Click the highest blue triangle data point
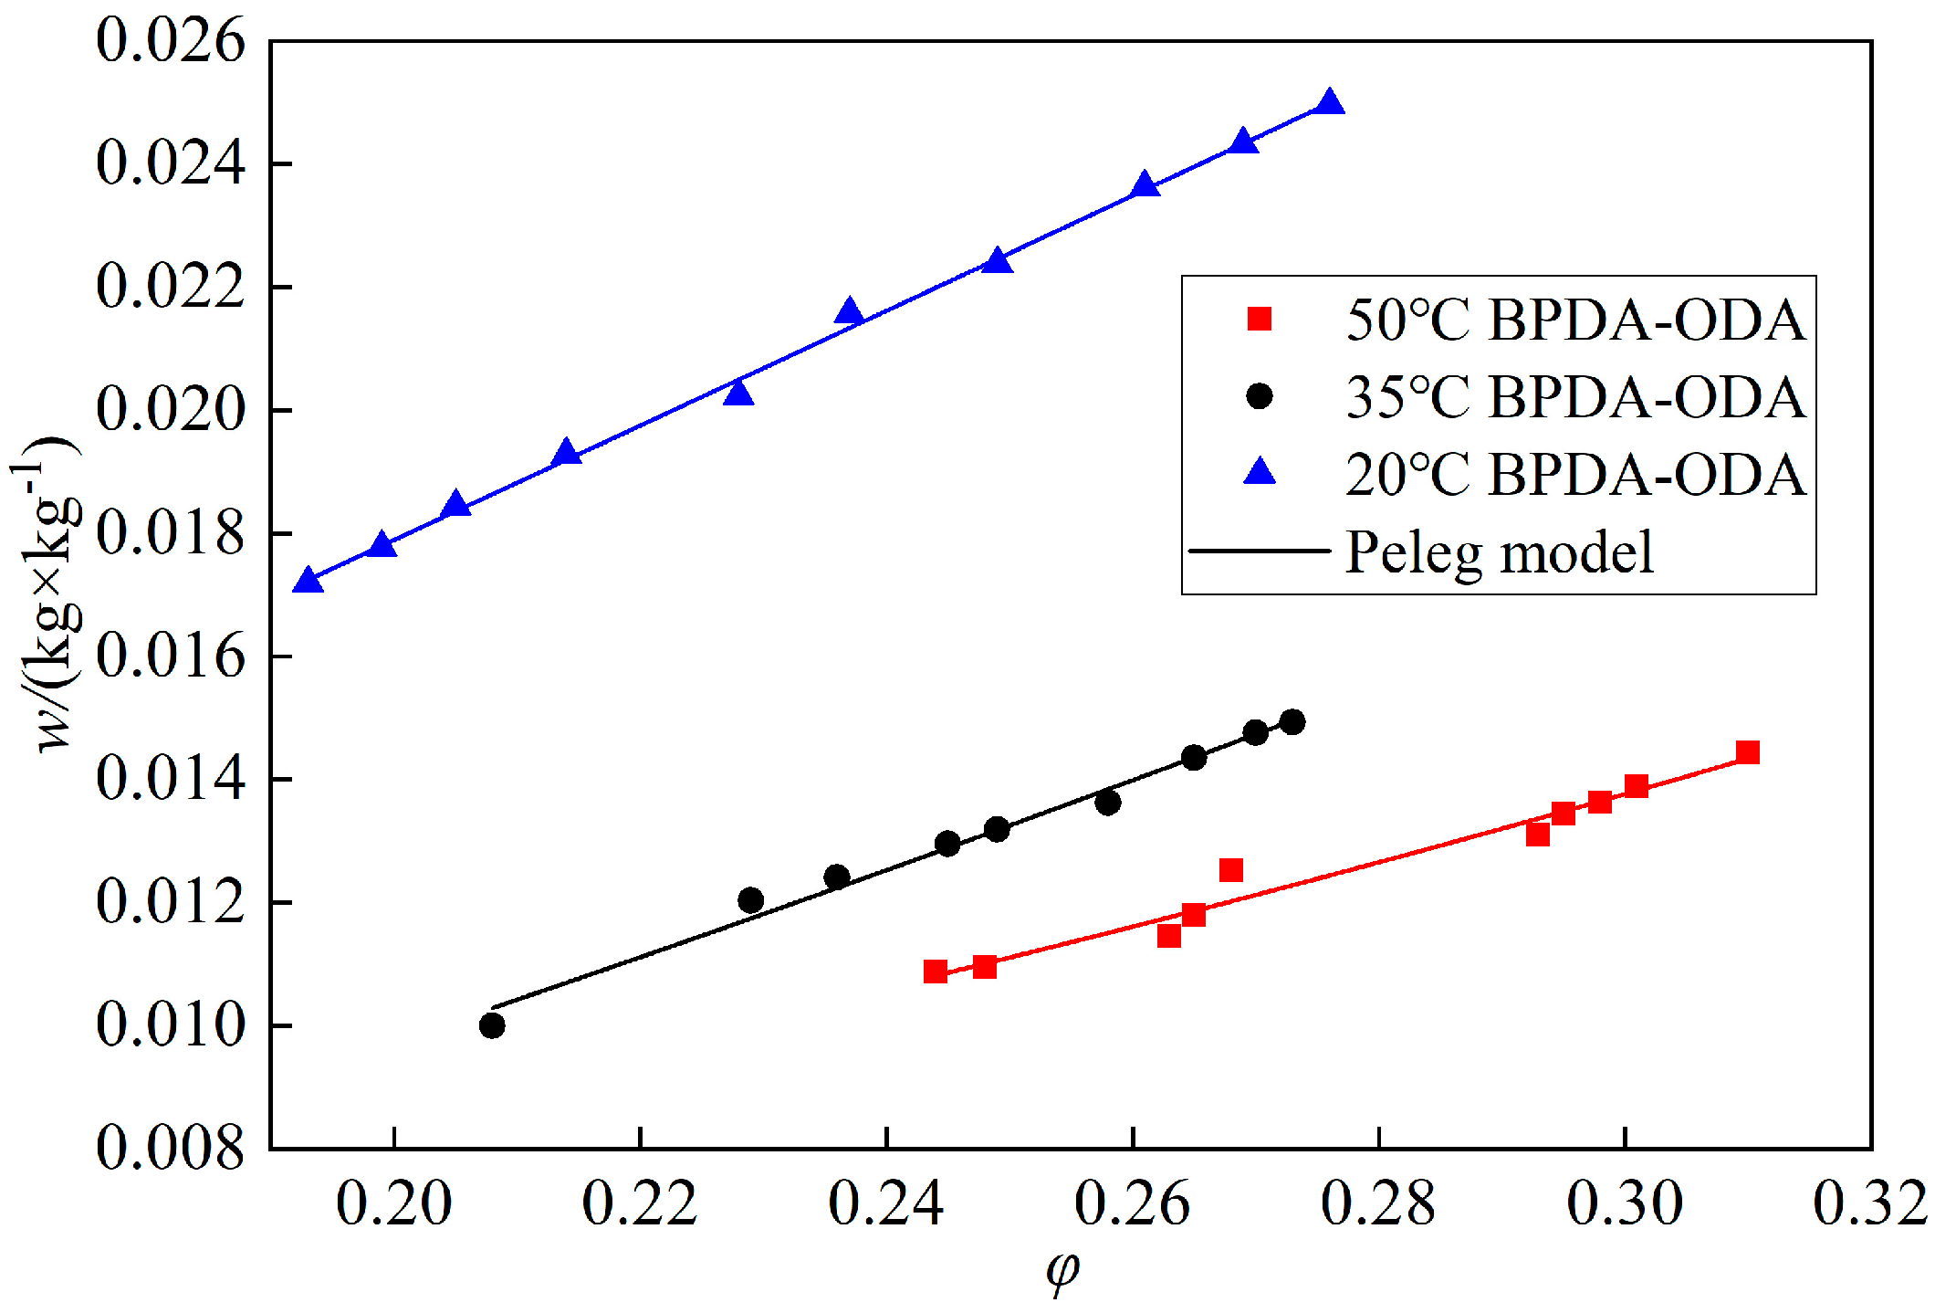click(1330, 103)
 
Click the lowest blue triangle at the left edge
click(309, 582)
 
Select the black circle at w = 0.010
click(492, 1025)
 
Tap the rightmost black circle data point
click(1292, 722)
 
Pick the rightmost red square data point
click(1747, 752)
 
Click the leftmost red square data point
click(935, 971)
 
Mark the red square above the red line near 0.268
click(1230, 869)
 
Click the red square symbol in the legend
click(1260, 319)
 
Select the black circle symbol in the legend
click(1260, 396)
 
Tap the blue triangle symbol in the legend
click(1260, 472)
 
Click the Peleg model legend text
click(1499, 552)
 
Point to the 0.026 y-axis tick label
click(171, 41)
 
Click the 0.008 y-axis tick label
click(171, 1147)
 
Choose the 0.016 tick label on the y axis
click(171, 656)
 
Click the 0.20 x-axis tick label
click(393, 1203)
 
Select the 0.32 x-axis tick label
click(1869, 1203)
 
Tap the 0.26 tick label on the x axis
click(1132, 1203)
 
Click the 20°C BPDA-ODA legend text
click(1575, 475)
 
